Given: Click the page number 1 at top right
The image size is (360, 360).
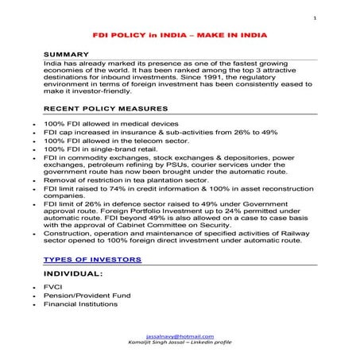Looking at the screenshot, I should (315, 17).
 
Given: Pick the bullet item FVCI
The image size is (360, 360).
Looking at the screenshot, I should (55, 286).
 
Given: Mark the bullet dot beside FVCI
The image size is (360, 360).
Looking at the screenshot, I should (29, 287).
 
